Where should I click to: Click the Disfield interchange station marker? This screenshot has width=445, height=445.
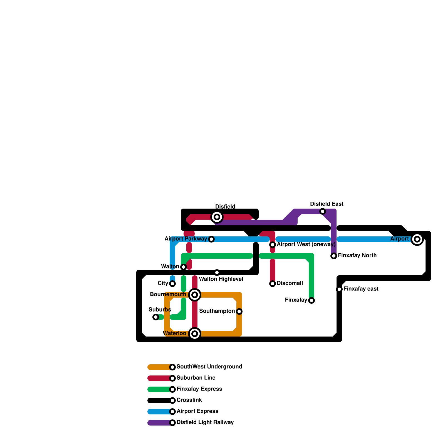point(217,217)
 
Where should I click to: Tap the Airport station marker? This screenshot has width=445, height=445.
point(417,239)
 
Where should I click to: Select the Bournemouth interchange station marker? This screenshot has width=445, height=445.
point(195,295)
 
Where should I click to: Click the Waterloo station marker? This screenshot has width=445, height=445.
point(195,334)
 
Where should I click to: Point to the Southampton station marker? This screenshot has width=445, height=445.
point(239,311)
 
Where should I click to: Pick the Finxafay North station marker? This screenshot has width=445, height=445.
point(334,256)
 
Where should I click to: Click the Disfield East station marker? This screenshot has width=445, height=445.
point(323,211)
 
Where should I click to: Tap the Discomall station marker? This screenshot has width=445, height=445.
point(273,284)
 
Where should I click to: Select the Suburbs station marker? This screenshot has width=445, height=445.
point(156,317)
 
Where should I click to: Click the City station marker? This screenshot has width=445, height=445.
point(172,284)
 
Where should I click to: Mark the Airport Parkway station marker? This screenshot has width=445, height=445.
point(211,239)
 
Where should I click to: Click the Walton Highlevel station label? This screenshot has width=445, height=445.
point(221,279)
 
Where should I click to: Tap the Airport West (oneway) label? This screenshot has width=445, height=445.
point(306,244)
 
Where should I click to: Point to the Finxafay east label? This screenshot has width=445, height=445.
point(361,289)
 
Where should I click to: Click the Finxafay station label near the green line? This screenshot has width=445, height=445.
point(296,300)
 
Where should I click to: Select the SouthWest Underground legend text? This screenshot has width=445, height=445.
point(209,367)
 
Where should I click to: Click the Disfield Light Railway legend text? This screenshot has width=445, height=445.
point(205,422)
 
